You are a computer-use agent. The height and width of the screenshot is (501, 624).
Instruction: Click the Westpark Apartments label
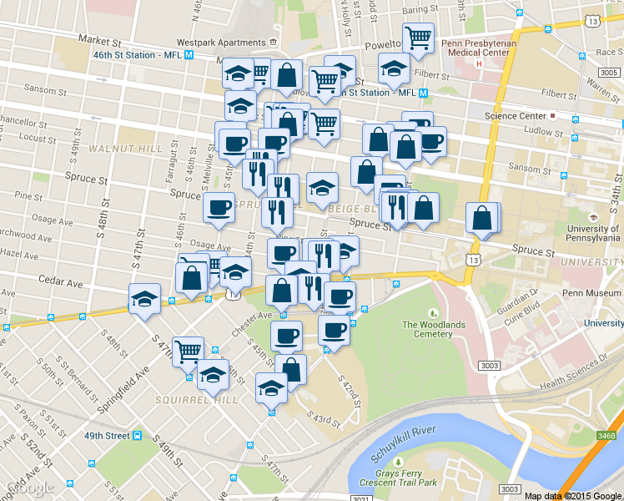click(x=221, y=42)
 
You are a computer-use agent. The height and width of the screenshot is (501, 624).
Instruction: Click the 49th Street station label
click(x=106, y=436)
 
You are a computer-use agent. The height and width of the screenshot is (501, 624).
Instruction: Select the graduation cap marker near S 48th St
click(x=145, y=299)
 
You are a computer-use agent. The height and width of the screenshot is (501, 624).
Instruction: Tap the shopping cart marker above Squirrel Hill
click(x=189, y=350)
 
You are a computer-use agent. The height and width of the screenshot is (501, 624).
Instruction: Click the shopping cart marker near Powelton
click(x=417, y=37)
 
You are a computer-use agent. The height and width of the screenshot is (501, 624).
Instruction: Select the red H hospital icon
click(x=479, y=63)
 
